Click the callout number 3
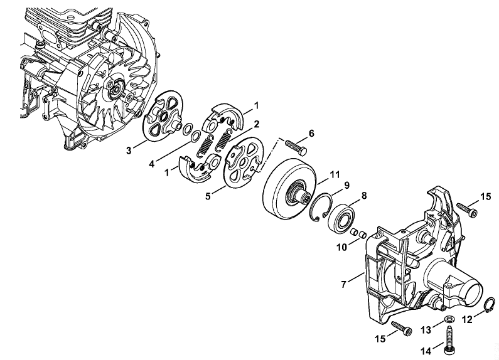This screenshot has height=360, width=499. point(129,150)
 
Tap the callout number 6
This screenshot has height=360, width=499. point(311,133)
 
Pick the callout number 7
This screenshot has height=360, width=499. point(343,284)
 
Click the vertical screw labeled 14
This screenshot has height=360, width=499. point(449,340)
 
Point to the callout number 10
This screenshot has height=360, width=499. point(342,247)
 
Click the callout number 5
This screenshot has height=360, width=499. point(208,196)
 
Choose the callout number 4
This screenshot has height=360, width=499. point(152,164)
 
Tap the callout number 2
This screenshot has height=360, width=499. point(256,124)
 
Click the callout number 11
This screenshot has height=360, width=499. point(335,174)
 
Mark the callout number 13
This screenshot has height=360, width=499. point(426,330)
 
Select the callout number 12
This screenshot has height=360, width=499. point(467,320)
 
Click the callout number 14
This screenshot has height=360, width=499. point(426,351)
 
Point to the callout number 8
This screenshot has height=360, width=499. point(364,196)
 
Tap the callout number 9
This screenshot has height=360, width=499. point(347,185)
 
